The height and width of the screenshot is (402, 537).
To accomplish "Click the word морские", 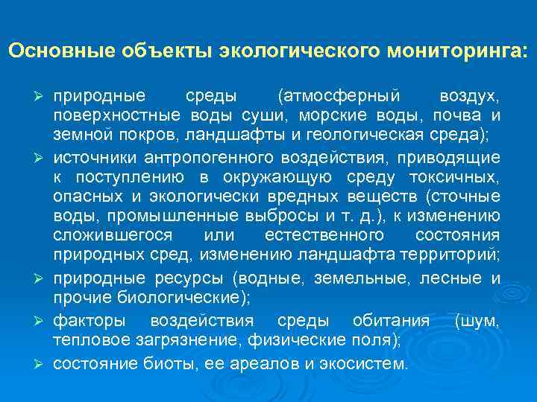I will click(382, 115).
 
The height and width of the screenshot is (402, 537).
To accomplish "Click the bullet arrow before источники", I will click(43, 159).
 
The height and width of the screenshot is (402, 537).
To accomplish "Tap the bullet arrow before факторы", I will click(43, 322).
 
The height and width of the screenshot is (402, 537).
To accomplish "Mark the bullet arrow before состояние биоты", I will click(43, 365).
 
